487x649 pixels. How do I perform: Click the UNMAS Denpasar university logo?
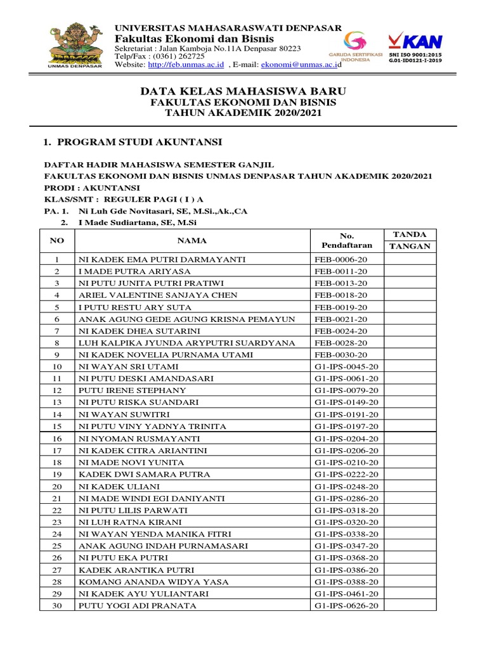coord(74,45)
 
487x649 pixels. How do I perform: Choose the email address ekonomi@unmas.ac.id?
coord(301,65)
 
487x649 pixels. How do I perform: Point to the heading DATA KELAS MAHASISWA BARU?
coord(243,92)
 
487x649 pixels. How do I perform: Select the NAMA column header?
coord(192,241)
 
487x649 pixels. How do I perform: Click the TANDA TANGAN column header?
coord(410,240)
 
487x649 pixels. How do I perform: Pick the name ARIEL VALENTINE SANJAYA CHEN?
coord(158,295)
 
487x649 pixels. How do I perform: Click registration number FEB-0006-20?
coord(341,260)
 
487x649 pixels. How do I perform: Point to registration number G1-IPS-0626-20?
coord(346,606)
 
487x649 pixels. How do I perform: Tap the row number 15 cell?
coord(57,427)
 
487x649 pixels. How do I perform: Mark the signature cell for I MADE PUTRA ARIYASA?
coord(410,271)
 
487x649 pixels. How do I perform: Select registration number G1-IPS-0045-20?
coord(346,367)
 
